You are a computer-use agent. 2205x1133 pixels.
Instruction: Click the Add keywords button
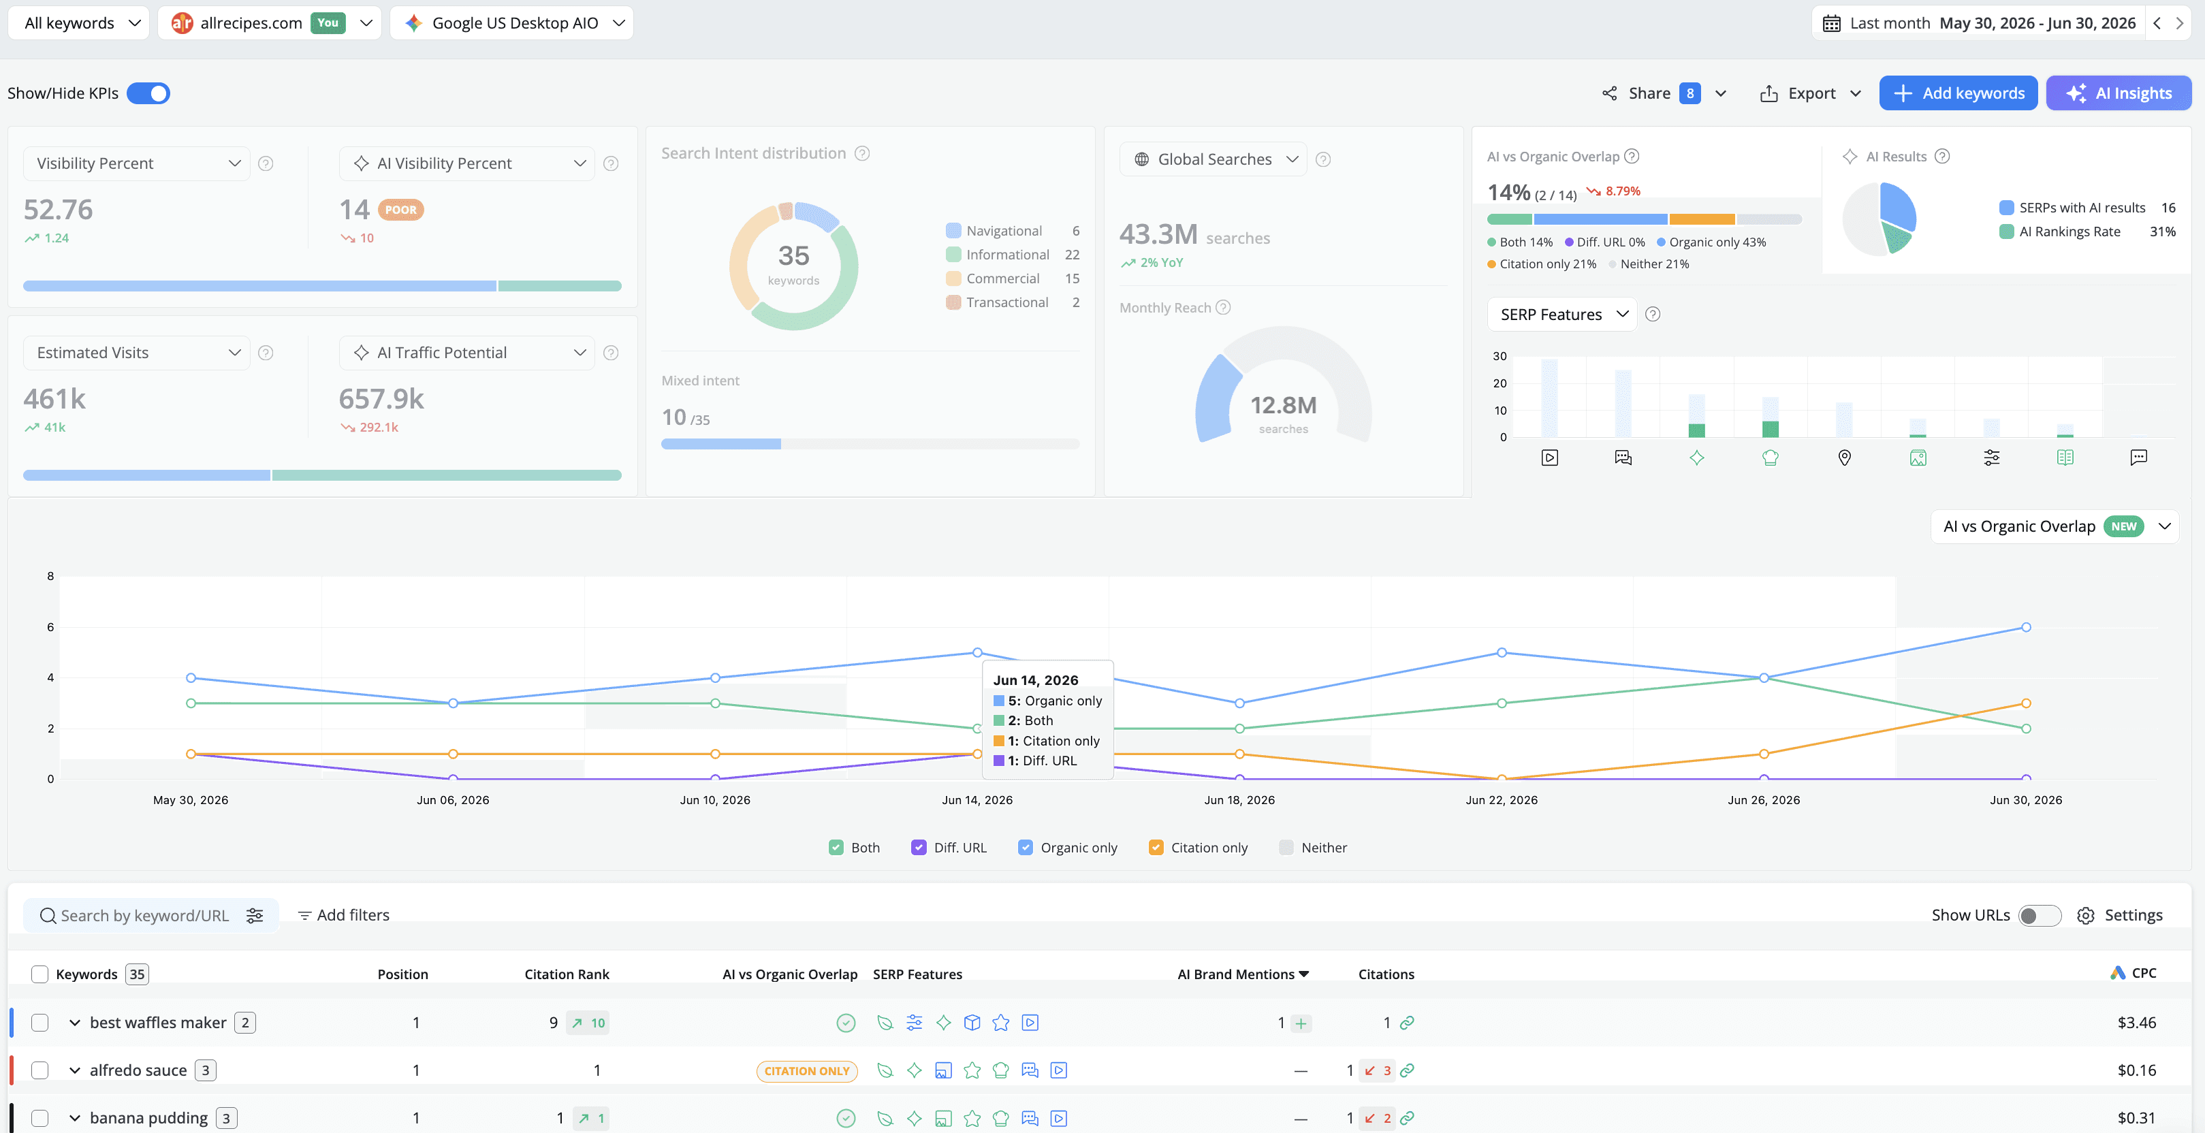pyautogui.click(x=1958, y=93)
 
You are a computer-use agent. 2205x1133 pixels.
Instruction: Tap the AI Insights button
pyautogui.click(x=2119, y=93)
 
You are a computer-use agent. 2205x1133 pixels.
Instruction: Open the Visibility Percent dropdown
pyautogui.click(x=137, y=163)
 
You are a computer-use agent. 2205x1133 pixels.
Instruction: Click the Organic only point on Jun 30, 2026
pyautogui.click(x=2026, y=627)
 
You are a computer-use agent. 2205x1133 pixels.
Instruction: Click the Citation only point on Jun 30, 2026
pyautogui.click(x=2026, y=703)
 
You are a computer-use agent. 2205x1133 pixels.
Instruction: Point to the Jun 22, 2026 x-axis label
pyautogui.click(x=1502, y=800)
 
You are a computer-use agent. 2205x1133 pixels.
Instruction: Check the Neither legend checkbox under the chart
pyautogui.click(x=1286, y=847)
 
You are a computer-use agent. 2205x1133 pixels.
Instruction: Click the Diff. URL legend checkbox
pyautogui.click(x=919, y=847)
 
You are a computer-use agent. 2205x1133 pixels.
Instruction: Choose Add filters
pyautogui.click(x=343, y=916)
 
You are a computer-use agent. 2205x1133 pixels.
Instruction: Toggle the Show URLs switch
pyautogui.click(x=2040, y=916)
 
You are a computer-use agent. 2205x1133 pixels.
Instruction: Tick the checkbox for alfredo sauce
pyautogui.click(x=39, y=1070)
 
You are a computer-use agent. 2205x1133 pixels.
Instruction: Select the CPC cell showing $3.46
pyautogui.click(x=2136, y=1023)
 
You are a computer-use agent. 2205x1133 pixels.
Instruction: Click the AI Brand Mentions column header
pyautogui.click(x=1243, y=974)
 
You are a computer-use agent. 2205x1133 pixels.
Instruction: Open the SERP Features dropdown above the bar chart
pyautogui.click(x=1562, y=315)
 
